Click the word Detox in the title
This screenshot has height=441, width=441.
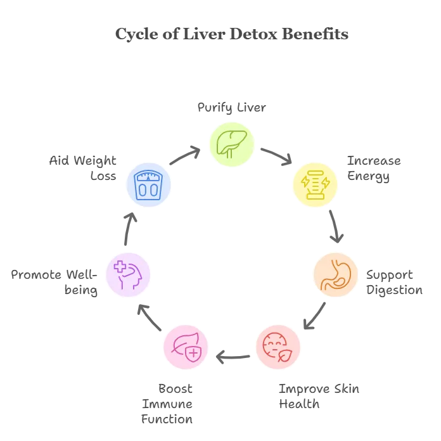(253, 34)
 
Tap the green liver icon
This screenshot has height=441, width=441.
(232, 144)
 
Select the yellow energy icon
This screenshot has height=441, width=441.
(316, 185)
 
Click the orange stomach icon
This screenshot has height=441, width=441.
(336, 275)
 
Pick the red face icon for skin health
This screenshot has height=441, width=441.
(278, 347)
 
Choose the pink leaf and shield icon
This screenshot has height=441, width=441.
(186, 347)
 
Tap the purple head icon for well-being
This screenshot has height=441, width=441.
(128, 275)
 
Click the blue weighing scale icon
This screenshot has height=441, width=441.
(148, 185)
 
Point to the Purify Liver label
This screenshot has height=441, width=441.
(231, 108)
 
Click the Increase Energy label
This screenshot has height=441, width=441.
(374, 169)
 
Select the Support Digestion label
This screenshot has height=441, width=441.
(394, 283)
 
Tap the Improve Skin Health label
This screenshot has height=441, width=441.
(319, 396)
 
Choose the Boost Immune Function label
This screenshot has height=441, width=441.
(167, 404)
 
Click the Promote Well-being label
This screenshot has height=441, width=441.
(54, 283)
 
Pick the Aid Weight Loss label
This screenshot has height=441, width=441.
(82, 168)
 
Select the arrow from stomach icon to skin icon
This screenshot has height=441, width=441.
(315, 316)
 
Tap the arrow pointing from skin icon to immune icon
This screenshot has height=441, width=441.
(233, 357)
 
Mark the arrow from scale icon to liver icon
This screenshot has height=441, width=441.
(185, 155)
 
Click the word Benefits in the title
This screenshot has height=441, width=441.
(315, 34)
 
